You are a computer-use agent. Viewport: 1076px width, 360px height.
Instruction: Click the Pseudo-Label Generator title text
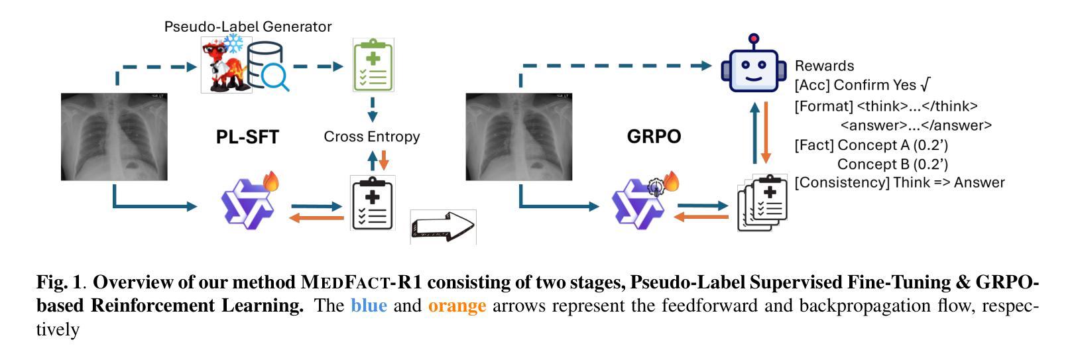click(x=248, y=27)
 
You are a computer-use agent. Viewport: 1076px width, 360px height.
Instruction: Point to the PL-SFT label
click(x=247, y=137)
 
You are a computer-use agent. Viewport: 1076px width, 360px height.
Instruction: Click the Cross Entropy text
click(x=371, y=137)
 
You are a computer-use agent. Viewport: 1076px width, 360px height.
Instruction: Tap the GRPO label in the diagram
click(x=654, y=137)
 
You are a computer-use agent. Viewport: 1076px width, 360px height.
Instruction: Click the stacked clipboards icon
click(x=762, y=202)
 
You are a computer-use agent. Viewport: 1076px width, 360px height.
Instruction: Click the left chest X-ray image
click(x=114, y=137)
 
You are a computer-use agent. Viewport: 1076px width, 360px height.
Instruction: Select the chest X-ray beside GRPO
click(x=518, y=137)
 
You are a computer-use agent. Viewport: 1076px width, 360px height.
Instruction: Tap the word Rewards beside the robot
click(x=824, y=66)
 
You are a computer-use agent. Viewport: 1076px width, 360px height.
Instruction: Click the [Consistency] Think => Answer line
click(x=899, y=182)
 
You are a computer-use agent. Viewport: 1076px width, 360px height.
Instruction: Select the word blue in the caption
click(x=369, y=306)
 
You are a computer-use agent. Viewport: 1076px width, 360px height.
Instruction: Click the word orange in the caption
click(x=457, y=306)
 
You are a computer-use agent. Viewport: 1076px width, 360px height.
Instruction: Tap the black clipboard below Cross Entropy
click(x=372, y=204)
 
